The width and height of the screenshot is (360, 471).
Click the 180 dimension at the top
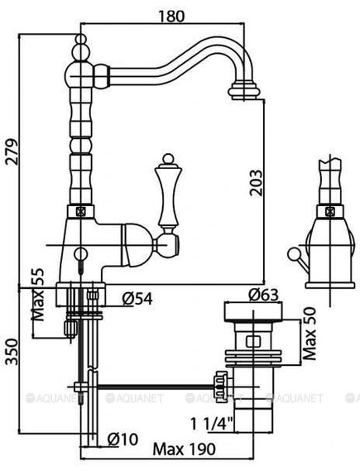[169, 16]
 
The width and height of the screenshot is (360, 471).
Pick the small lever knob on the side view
[291, 252]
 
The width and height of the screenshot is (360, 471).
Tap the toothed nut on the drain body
[220, 384]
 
